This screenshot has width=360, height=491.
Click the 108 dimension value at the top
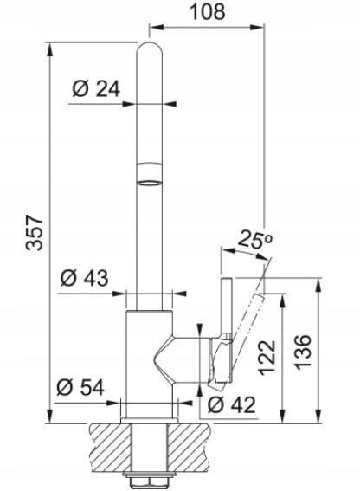[x=208, y=12]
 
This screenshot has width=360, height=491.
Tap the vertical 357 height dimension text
[x=35, y=232]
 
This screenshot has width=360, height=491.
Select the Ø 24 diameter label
[x=96, y=88]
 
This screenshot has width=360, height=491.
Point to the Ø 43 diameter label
[x=84, y=278]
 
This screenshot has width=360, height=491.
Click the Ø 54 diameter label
[x=80, y=387]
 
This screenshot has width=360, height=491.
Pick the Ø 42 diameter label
[x=232, y=405]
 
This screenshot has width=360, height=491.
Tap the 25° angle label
[x=255, y=240]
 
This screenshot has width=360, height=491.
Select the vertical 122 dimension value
[x=267, y=358]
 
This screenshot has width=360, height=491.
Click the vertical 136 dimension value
[x=304, y=352]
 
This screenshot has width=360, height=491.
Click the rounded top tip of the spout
[x=150, y=44]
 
